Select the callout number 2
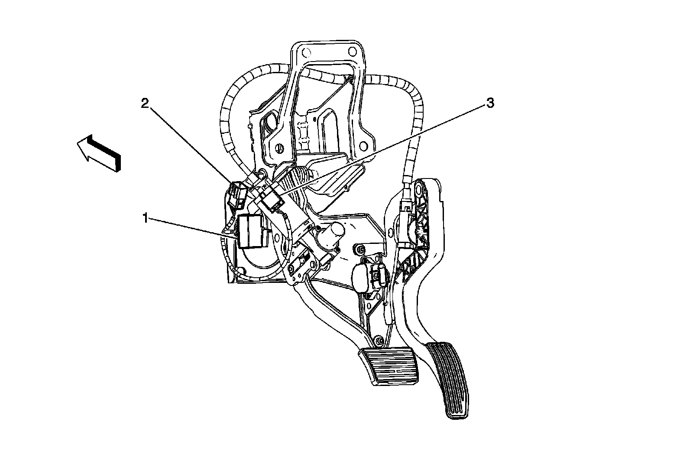tap(145, 103)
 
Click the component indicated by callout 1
tap(250, 231)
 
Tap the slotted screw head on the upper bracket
tap(279, 148)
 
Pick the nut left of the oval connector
tap(359, 250)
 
